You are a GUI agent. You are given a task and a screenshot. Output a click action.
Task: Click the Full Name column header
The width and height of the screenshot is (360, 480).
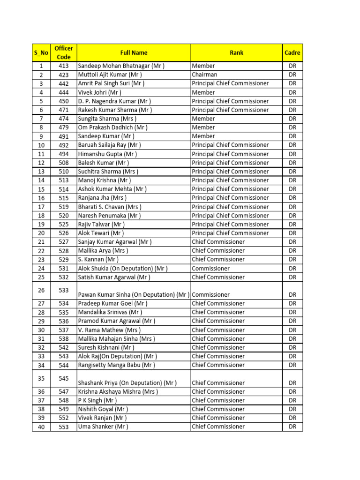click(x=134, y=53)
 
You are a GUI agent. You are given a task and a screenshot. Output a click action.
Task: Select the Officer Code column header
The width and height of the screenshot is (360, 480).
click(x=63, y=53)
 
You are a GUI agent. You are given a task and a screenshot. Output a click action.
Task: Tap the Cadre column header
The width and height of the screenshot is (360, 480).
click(x=292, y=53)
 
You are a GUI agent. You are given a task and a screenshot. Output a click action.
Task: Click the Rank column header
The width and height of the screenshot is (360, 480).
click(x=236, y=53)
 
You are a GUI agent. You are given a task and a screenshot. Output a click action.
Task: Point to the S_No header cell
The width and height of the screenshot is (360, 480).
click(x=41, y=53)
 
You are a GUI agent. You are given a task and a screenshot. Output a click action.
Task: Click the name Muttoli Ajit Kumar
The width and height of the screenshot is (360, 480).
click(x=110, y=75)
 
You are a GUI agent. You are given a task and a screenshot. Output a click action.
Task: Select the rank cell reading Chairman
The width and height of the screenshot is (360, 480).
click(x=204, y=75)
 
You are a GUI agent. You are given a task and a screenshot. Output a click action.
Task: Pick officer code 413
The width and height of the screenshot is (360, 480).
click(x=63, y=66)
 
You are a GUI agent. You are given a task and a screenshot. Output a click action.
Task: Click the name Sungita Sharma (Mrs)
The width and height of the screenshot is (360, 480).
click(x=107, y=119)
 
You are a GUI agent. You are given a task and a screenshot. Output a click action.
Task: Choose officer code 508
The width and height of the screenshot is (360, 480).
click(x=63, y=163)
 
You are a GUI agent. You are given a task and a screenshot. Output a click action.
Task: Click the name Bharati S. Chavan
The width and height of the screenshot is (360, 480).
click(x=109, y=207)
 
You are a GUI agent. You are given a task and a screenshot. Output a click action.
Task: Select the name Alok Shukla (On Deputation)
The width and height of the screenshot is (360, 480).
click(x=122, y=269)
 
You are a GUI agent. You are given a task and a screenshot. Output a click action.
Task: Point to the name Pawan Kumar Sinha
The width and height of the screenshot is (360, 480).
click(x=134, y=295)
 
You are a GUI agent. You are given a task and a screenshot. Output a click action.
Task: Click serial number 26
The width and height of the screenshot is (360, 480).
click(x=41, y=290)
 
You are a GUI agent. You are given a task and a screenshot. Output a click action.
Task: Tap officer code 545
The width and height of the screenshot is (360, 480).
click(x=63, y=378)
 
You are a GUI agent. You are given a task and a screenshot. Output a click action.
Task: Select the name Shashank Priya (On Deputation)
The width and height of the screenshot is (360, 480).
click(x=127, y=383)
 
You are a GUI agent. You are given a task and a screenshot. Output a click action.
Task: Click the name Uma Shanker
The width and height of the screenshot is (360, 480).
click(x=103, y=427)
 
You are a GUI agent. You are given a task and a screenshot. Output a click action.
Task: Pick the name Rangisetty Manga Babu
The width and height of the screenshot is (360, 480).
click(x=116, y=365)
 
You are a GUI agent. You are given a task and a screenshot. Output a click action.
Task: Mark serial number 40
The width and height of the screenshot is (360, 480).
click(x=41, y=427)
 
